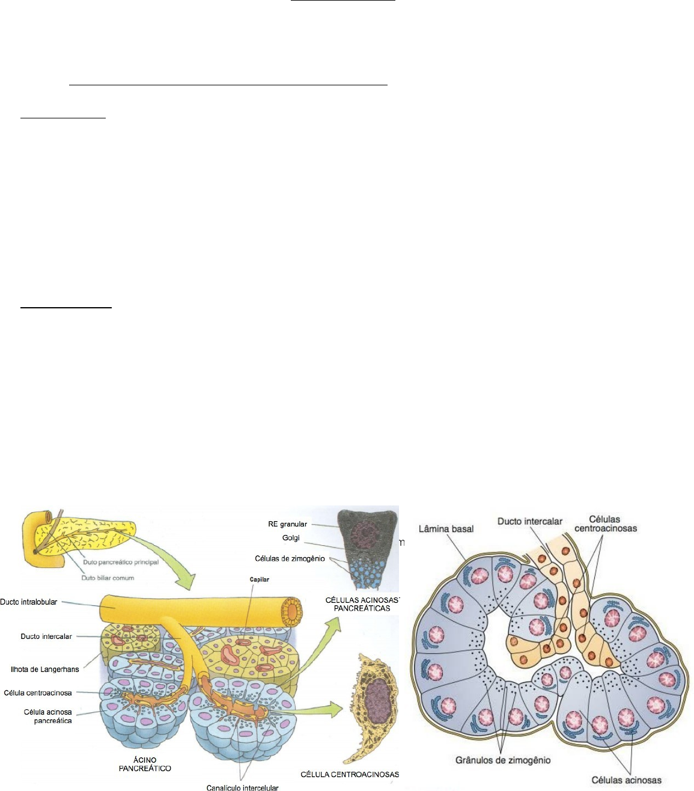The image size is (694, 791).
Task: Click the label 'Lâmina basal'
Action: [446, 529]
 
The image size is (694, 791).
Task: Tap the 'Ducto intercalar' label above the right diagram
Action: [529, 521]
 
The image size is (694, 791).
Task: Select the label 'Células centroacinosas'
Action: [605, 524]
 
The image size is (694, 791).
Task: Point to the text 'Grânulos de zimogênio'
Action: [503, 760]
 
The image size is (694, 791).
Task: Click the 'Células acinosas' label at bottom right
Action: [626, 780]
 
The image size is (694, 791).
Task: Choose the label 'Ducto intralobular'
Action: [29, 602]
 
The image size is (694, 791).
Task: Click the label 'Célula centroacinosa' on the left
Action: [38, 693]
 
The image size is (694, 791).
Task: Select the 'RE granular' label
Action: [287, 524]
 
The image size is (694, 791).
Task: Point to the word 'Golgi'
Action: [291, 538]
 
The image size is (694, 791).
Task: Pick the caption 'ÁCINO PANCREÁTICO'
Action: [145, 764]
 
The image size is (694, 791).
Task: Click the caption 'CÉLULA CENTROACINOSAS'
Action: [350, 775]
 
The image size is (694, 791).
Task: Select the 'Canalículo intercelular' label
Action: [242, 787]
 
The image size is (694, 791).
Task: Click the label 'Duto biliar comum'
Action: [108, 578]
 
